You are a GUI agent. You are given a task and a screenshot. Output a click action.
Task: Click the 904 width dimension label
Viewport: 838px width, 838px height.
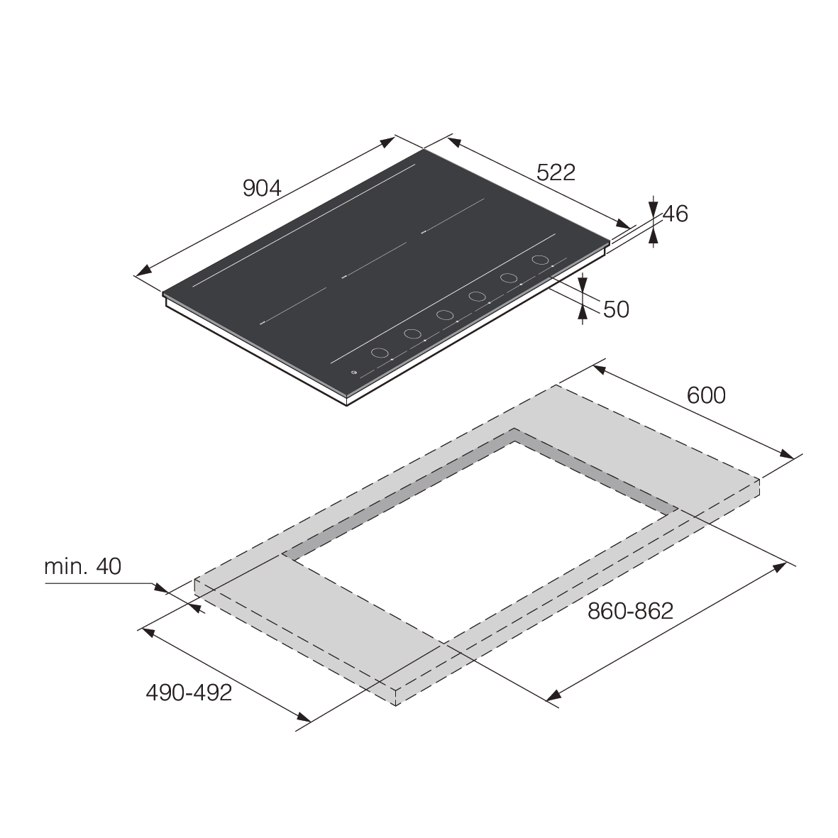[x=262, y=188]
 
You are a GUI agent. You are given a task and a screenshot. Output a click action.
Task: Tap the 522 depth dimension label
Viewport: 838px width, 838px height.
[x=556, y=172]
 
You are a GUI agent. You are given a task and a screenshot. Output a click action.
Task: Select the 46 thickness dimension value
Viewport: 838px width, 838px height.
[x=676, y=214]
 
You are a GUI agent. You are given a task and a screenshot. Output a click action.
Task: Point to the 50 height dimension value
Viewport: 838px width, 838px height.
[x=616, y=309]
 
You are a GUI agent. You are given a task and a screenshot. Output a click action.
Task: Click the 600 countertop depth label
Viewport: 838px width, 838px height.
[x=706, y=395]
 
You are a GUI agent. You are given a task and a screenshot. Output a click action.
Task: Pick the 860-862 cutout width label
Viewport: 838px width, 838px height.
[x=630, y=611]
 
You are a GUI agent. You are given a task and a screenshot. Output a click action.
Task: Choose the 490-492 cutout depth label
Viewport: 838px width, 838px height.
[x=189, y=693]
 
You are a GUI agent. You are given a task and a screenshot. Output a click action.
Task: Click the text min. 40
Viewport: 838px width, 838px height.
[x=83, y=566]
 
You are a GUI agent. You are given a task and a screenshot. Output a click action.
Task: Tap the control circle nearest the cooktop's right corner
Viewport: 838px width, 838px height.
[x=540, y=260]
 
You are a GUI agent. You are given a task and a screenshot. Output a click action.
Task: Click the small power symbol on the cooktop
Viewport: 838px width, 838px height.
[x=353, y=373]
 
